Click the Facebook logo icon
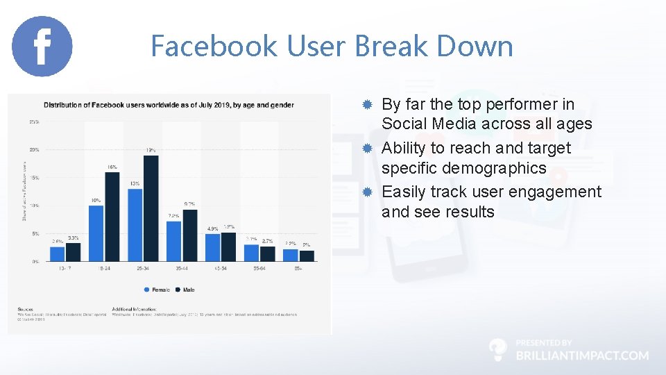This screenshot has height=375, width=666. click(42, 47)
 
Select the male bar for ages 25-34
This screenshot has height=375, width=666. click(151, 208)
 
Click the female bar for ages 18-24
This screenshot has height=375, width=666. click(96, 233)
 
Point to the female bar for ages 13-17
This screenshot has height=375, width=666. click(58, 254)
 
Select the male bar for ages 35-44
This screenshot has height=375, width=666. click(189, 234)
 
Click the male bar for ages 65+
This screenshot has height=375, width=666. click(307, 256)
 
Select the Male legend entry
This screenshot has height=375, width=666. click(185, 289)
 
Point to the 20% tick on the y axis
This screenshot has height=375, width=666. click(33, 149)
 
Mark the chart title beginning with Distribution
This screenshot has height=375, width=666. click(169, 106)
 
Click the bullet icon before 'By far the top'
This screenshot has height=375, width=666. click(368, 104)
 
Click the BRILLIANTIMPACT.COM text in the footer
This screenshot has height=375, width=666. click(582, 355)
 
